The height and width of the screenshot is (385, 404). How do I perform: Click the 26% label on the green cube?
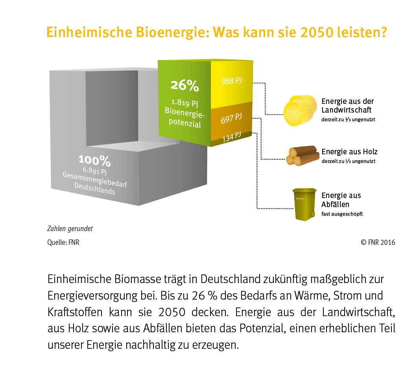184,85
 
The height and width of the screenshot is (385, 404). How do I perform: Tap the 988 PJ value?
231,81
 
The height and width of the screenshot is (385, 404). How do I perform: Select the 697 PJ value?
231,118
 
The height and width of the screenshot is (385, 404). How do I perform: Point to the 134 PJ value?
232,137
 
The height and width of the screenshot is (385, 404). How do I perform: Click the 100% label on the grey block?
94,160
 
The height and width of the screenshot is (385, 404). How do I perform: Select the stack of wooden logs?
302,155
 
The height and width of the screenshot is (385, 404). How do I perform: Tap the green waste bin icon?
304,204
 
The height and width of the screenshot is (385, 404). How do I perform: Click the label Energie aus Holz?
349,152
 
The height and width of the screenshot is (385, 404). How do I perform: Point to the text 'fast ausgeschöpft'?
342,214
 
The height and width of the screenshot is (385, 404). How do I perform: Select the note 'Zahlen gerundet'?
70,229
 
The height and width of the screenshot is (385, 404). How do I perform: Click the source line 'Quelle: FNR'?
63,242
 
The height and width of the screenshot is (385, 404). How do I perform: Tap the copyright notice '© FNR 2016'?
378,242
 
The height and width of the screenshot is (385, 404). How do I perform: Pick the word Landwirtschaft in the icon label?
347,110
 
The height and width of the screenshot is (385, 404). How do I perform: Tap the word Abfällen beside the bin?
336,204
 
